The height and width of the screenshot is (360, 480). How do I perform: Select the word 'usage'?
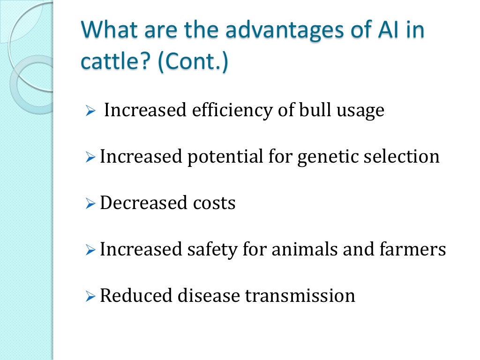(x=360, y=111)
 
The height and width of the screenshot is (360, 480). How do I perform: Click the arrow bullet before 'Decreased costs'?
(x=90, y=204)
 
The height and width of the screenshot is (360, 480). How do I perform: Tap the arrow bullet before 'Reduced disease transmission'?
(x=90, y=297)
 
